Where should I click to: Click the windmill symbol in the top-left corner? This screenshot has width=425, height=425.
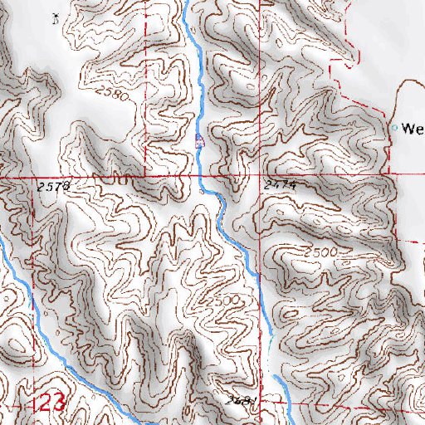pos(56,17)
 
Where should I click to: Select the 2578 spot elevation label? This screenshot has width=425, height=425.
pos(51,189)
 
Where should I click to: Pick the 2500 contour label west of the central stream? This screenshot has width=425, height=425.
pos(224,299)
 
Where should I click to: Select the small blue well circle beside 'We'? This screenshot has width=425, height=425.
pos(394,128)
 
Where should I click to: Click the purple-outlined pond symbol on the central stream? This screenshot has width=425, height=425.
pos(198,141)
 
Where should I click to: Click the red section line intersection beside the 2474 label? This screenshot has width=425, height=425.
pos(260,176)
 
